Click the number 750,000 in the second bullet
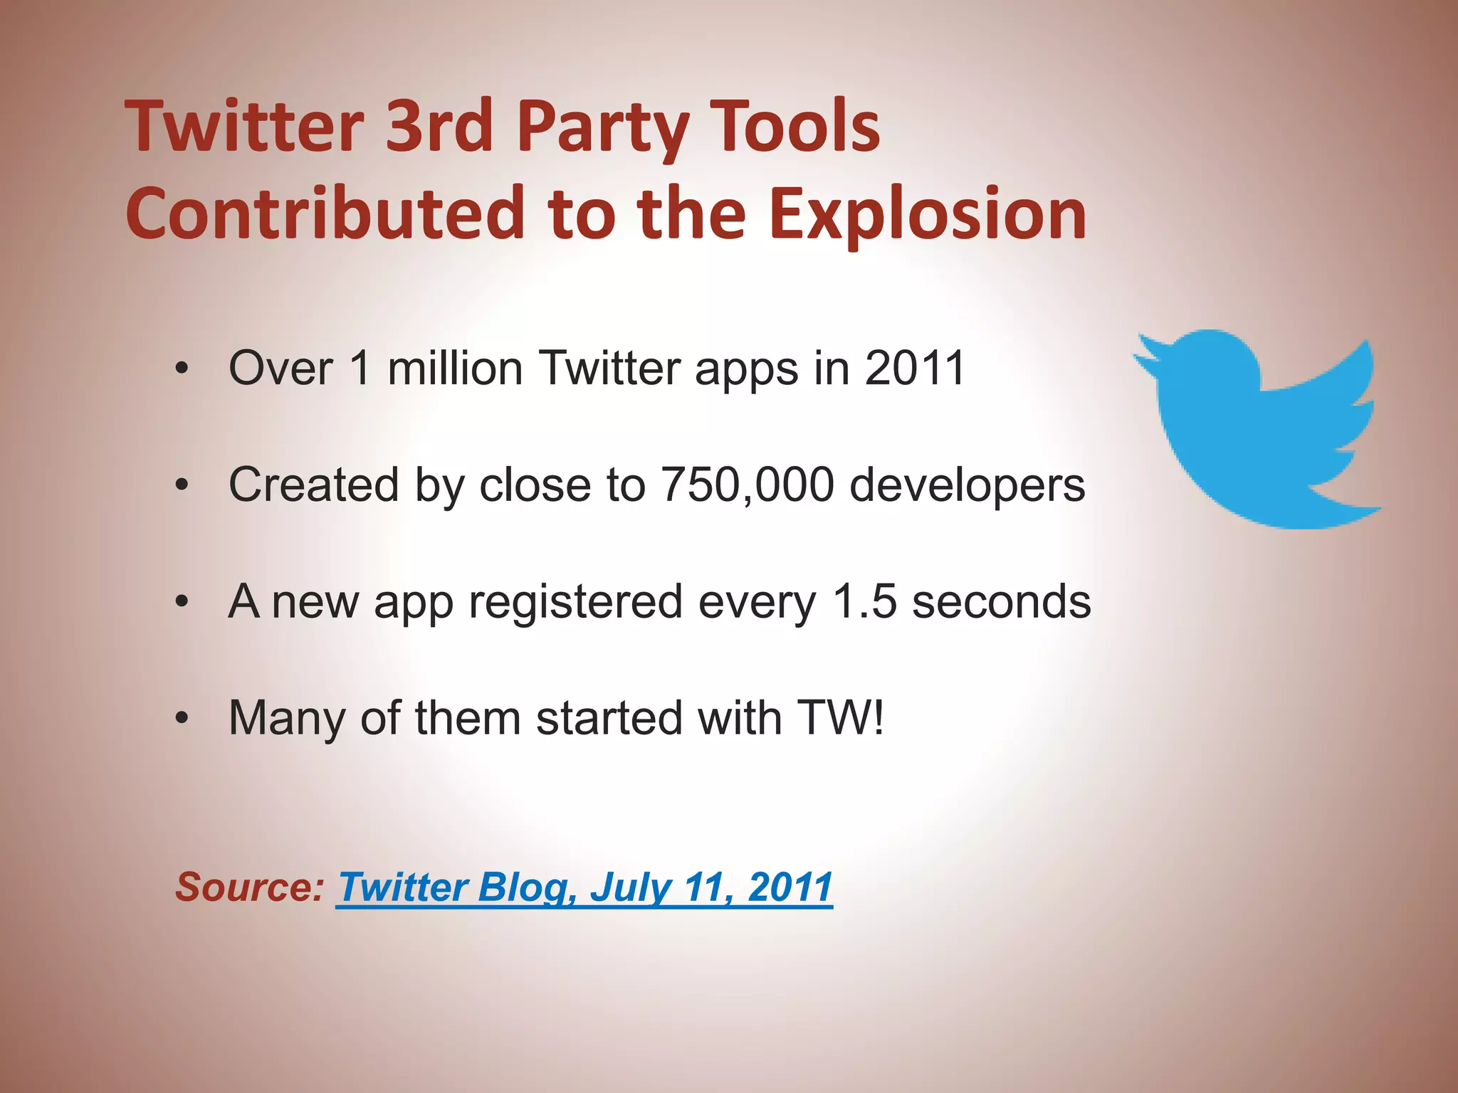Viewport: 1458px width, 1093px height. (x=748, y=485)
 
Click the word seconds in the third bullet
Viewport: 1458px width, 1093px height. (x=1001, y=601)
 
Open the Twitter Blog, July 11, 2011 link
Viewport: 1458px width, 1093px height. (x=584, y=887)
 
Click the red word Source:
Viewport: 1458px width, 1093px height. (x=250, y=887)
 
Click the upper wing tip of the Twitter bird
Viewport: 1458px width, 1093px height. (x=1363, y=353)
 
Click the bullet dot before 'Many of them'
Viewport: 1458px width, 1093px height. (x=183, y=719)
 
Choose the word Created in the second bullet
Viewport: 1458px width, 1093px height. (x=313, y=485)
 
